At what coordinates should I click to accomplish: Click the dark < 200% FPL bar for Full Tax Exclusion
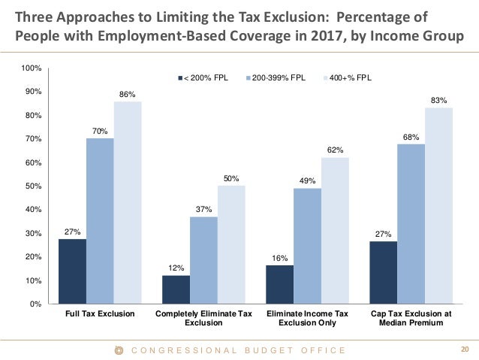pyautogui.click(x=72, y=271)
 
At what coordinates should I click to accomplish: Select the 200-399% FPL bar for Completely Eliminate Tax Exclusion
pyautogui.click(x=203, y=259)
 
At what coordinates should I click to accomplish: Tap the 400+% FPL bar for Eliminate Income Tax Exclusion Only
pyautogui.click(x=335, y=230)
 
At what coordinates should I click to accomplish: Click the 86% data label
pyautogui.click(x=127, y=94)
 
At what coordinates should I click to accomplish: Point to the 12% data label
pyautogui.click(x=175, y=268)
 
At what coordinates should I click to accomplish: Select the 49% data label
pyautogui.click(x=307, y=180)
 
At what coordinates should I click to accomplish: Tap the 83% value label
pyautogui.click(x=439, y=100)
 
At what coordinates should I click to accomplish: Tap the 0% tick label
pyautogui.click(x=35, y=304)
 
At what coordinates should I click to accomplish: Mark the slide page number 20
pyautogui.click(x=463, y=349)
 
